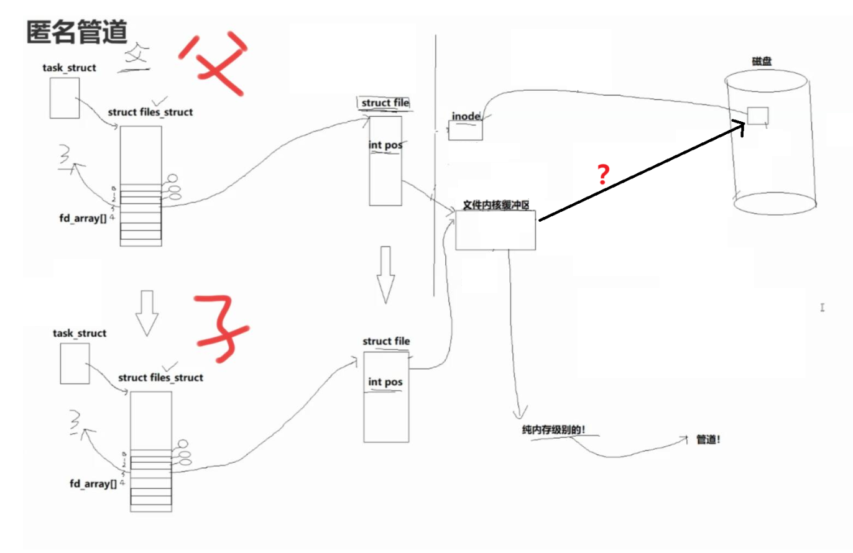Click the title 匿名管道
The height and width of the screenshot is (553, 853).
click(x=77, y=32)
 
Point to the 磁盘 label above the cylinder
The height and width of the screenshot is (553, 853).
click(x=762, y=62)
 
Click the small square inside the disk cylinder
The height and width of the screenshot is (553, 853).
click(x=757, y=116)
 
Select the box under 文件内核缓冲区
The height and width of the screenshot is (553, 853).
click(x=495, y=230)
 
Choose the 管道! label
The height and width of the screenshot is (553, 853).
click(x=708, y=439)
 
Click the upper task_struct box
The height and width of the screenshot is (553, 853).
click(x=64, y=98)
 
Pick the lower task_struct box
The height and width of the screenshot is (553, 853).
click(x=75, y=363)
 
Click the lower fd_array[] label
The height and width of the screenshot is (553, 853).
click(x=93, y=483)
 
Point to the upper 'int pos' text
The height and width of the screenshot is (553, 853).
click(x=385, y=145)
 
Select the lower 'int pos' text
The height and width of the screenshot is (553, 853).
click(x=385, y=382)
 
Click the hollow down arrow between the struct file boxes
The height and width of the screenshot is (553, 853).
click(x=385, y=274)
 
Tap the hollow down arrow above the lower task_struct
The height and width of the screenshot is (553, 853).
click(x=147, y=313)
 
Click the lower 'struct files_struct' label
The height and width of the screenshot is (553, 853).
click(x=160, y=377)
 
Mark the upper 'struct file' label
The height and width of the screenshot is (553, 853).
click(x=385, y=103)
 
